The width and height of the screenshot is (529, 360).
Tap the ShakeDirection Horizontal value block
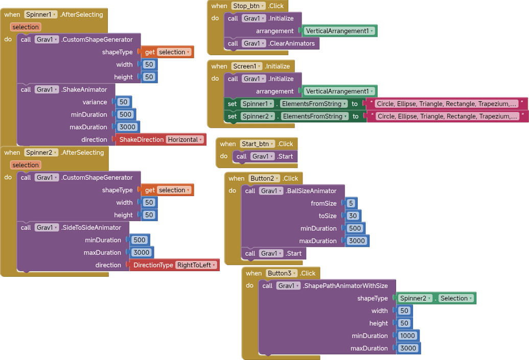[161, 139]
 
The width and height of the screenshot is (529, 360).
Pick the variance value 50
[123, 102]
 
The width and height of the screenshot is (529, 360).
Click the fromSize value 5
[351, 203]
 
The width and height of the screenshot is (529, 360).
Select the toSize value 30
[353, 216]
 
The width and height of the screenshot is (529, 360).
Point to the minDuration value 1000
[408, 335]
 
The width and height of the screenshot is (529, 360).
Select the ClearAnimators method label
[292, 43]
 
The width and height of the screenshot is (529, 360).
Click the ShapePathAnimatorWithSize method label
[346, 285]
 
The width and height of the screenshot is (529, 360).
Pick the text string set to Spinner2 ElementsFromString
[447, 116]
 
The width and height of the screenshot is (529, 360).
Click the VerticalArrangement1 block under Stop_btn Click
[339, 31]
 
